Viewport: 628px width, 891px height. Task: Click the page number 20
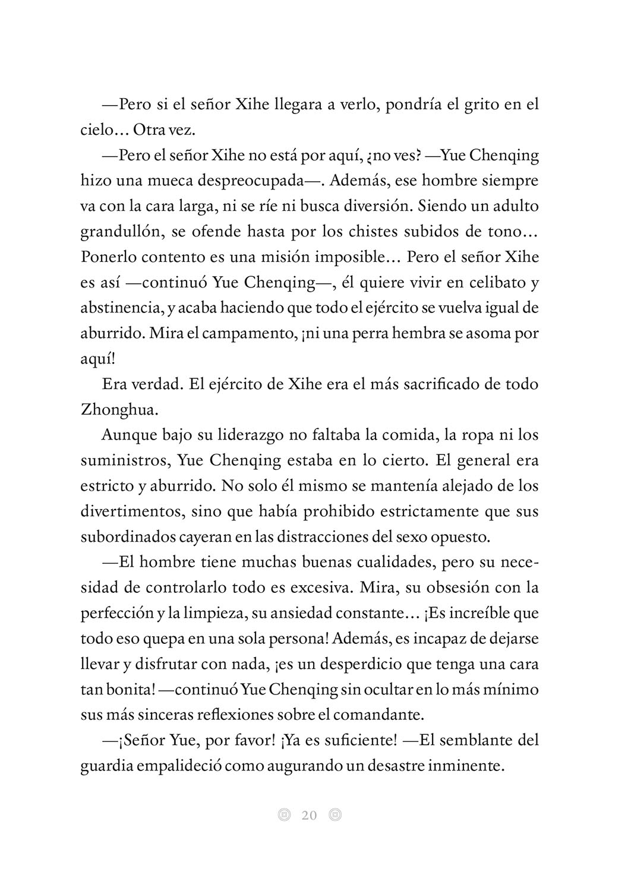pos(310,815)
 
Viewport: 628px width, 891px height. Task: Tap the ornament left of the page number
pos(284,815)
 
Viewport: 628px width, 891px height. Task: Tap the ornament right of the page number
pos(335,815)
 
